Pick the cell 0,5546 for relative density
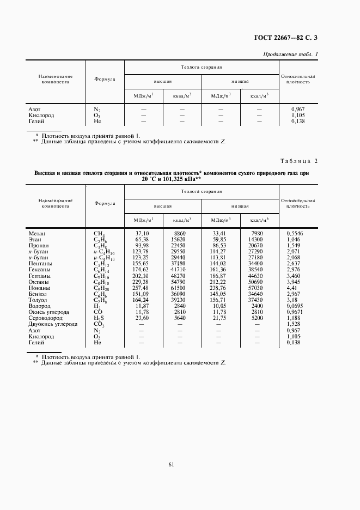coord(297,233)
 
